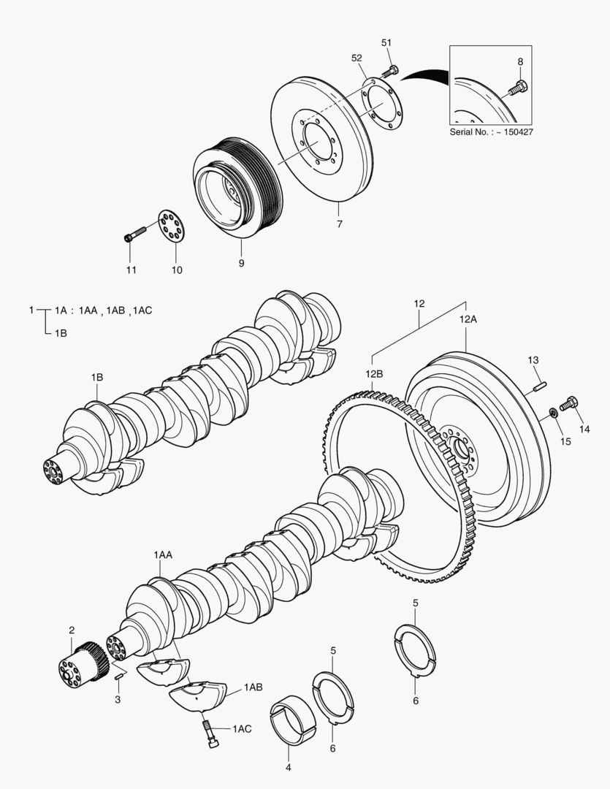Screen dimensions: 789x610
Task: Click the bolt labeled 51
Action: pos(391,71)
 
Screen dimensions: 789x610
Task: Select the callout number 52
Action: pos(357,58)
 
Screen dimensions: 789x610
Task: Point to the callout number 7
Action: pos(339,224)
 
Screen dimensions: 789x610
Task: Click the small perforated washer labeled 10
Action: pos(172,226)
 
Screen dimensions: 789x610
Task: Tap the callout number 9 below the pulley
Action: pos(241,262)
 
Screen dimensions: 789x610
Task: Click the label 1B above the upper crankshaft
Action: pos(97,377)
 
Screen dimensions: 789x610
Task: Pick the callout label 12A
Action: pos(468,319)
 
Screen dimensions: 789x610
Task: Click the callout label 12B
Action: pos(374,373)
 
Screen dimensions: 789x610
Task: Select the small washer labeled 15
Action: pos(553,415)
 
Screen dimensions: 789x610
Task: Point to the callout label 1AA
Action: pos(162,555)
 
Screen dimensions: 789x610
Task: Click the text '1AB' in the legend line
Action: pos(115,310)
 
